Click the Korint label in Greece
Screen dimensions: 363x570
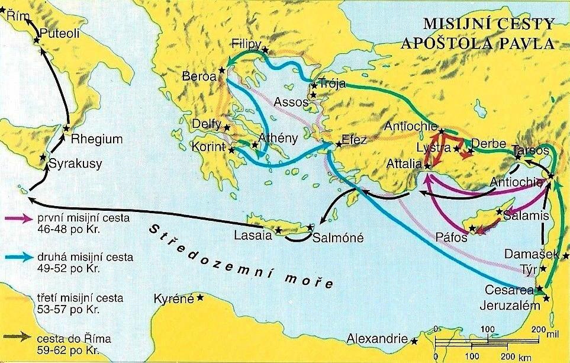coord(208,147)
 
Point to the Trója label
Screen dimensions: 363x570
coord(331,83)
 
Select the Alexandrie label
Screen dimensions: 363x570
coord(377,339)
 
